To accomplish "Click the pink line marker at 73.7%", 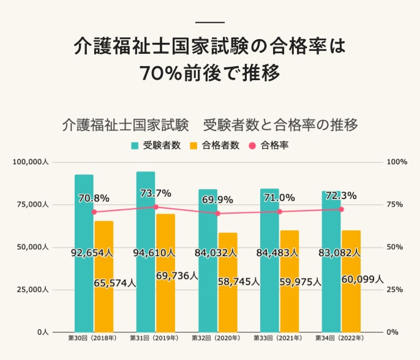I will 156,207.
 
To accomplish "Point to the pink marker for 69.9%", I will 217,214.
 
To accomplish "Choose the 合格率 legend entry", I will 269,146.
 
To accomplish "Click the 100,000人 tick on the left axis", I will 29,162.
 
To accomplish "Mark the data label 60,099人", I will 362,279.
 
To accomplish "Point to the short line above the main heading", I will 210,23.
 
